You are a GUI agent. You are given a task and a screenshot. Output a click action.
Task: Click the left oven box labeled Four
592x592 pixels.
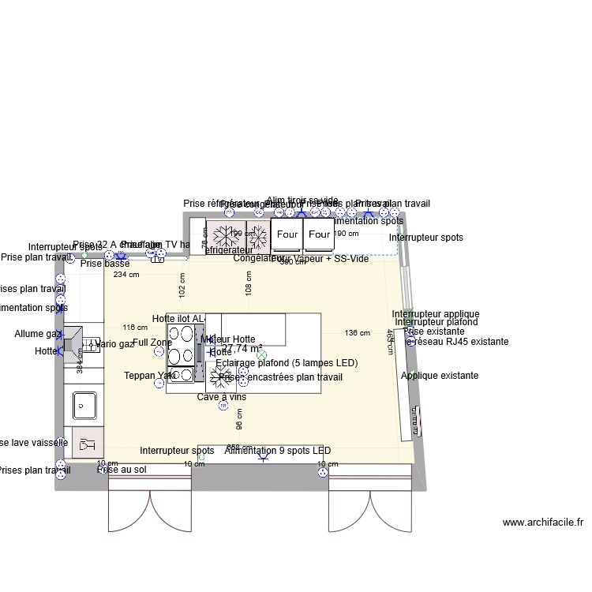coord(287,234)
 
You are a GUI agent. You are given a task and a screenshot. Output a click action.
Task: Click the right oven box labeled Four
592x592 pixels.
coord(320,234)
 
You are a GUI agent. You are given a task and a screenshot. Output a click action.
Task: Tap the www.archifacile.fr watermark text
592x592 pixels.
coord(542,523)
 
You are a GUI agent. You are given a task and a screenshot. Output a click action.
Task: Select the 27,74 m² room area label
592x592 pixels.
coord(238,348)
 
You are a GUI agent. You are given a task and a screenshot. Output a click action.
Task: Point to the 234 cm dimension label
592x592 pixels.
coord(126,275)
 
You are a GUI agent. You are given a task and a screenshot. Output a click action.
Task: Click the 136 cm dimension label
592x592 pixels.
coord(358,333)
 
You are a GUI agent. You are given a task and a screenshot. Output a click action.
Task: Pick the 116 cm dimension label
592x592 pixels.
coord(136,328)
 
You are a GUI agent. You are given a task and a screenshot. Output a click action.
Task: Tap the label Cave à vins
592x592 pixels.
coord(221,397)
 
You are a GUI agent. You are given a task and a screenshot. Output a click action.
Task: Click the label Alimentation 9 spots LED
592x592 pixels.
coord(277,451)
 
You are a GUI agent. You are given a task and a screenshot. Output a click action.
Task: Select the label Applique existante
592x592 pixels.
coord(439,376)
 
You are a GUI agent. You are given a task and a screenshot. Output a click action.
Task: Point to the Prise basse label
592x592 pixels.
coord(105,264)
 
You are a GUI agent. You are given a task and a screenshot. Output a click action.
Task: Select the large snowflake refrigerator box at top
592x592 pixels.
coord(226,235)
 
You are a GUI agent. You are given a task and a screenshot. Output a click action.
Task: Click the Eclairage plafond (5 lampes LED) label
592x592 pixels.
coord(287,363)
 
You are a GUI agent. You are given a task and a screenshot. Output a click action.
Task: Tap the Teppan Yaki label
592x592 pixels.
coord(150,376)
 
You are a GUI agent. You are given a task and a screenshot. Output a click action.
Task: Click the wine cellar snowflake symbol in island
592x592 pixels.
coord(221,376)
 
